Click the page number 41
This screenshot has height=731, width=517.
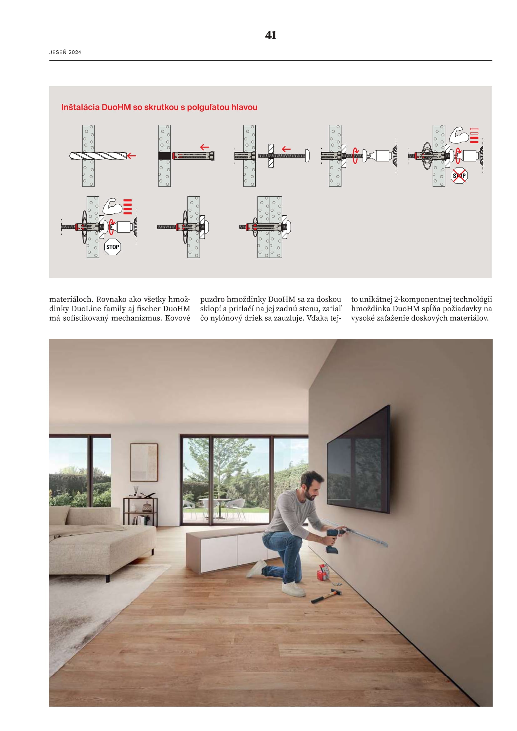point(271,35)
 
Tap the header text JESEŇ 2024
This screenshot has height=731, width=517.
point(65,52)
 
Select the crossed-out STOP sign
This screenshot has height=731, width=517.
point(459,175)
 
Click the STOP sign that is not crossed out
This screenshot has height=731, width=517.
point(113,247)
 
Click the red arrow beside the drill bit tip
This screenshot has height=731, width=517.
point(132,156)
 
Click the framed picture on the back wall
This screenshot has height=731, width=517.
point(144,462)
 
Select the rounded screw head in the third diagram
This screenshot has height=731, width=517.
point(307,156)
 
